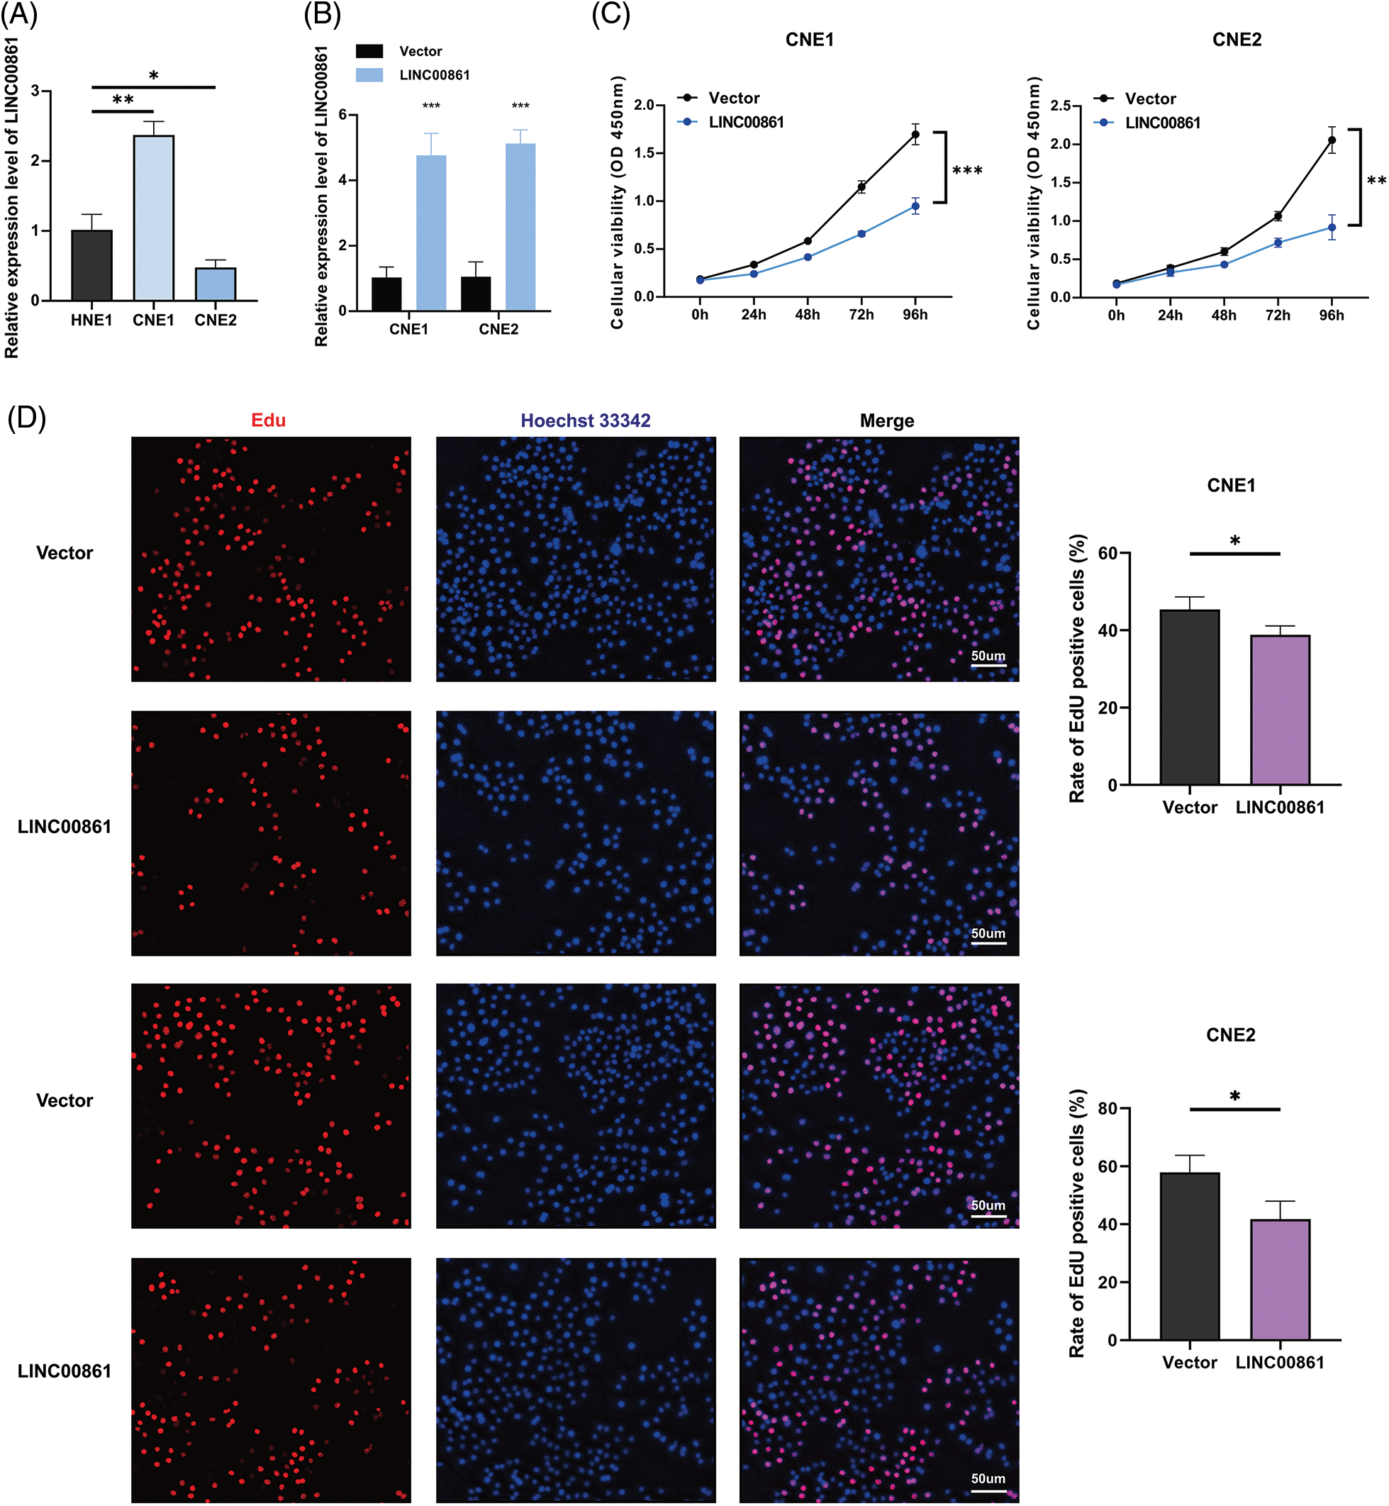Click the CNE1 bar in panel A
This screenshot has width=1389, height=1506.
(x=153, y=218)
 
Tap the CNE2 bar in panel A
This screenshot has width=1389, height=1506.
(x=216, y=284)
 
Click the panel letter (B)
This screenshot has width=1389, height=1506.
(x=322, y=14)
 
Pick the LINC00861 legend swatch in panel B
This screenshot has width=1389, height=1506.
(x=369, y=75)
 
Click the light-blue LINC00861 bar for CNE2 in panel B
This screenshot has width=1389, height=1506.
(x=520, y=226)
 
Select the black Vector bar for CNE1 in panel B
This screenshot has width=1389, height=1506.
(x=386, y=294)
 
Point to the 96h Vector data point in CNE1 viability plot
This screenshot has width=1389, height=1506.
(x=915, y=135)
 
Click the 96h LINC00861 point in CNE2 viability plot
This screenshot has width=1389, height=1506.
(x=1331, y=227)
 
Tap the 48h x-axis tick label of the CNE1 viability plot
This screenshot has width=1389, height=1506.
(x=808, y=315)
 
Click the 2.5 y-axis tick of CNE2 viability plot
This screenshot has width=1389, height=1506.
(x=1061, y=105)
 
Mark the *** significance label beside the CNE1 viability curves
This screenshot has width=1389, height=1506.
(x=967, y=172)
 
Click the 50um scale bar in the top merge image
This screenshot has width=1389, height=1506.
(x=988, y=665)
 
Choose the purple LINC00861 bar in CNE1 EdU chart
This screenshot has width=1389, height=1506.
(x=1279, y=710)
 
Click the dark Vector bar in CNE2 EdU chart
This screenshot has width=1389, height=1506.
(x=1189, y=1256)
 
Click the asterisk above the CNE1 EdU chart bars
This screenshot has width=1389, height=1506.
(x=1235, y=541)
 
